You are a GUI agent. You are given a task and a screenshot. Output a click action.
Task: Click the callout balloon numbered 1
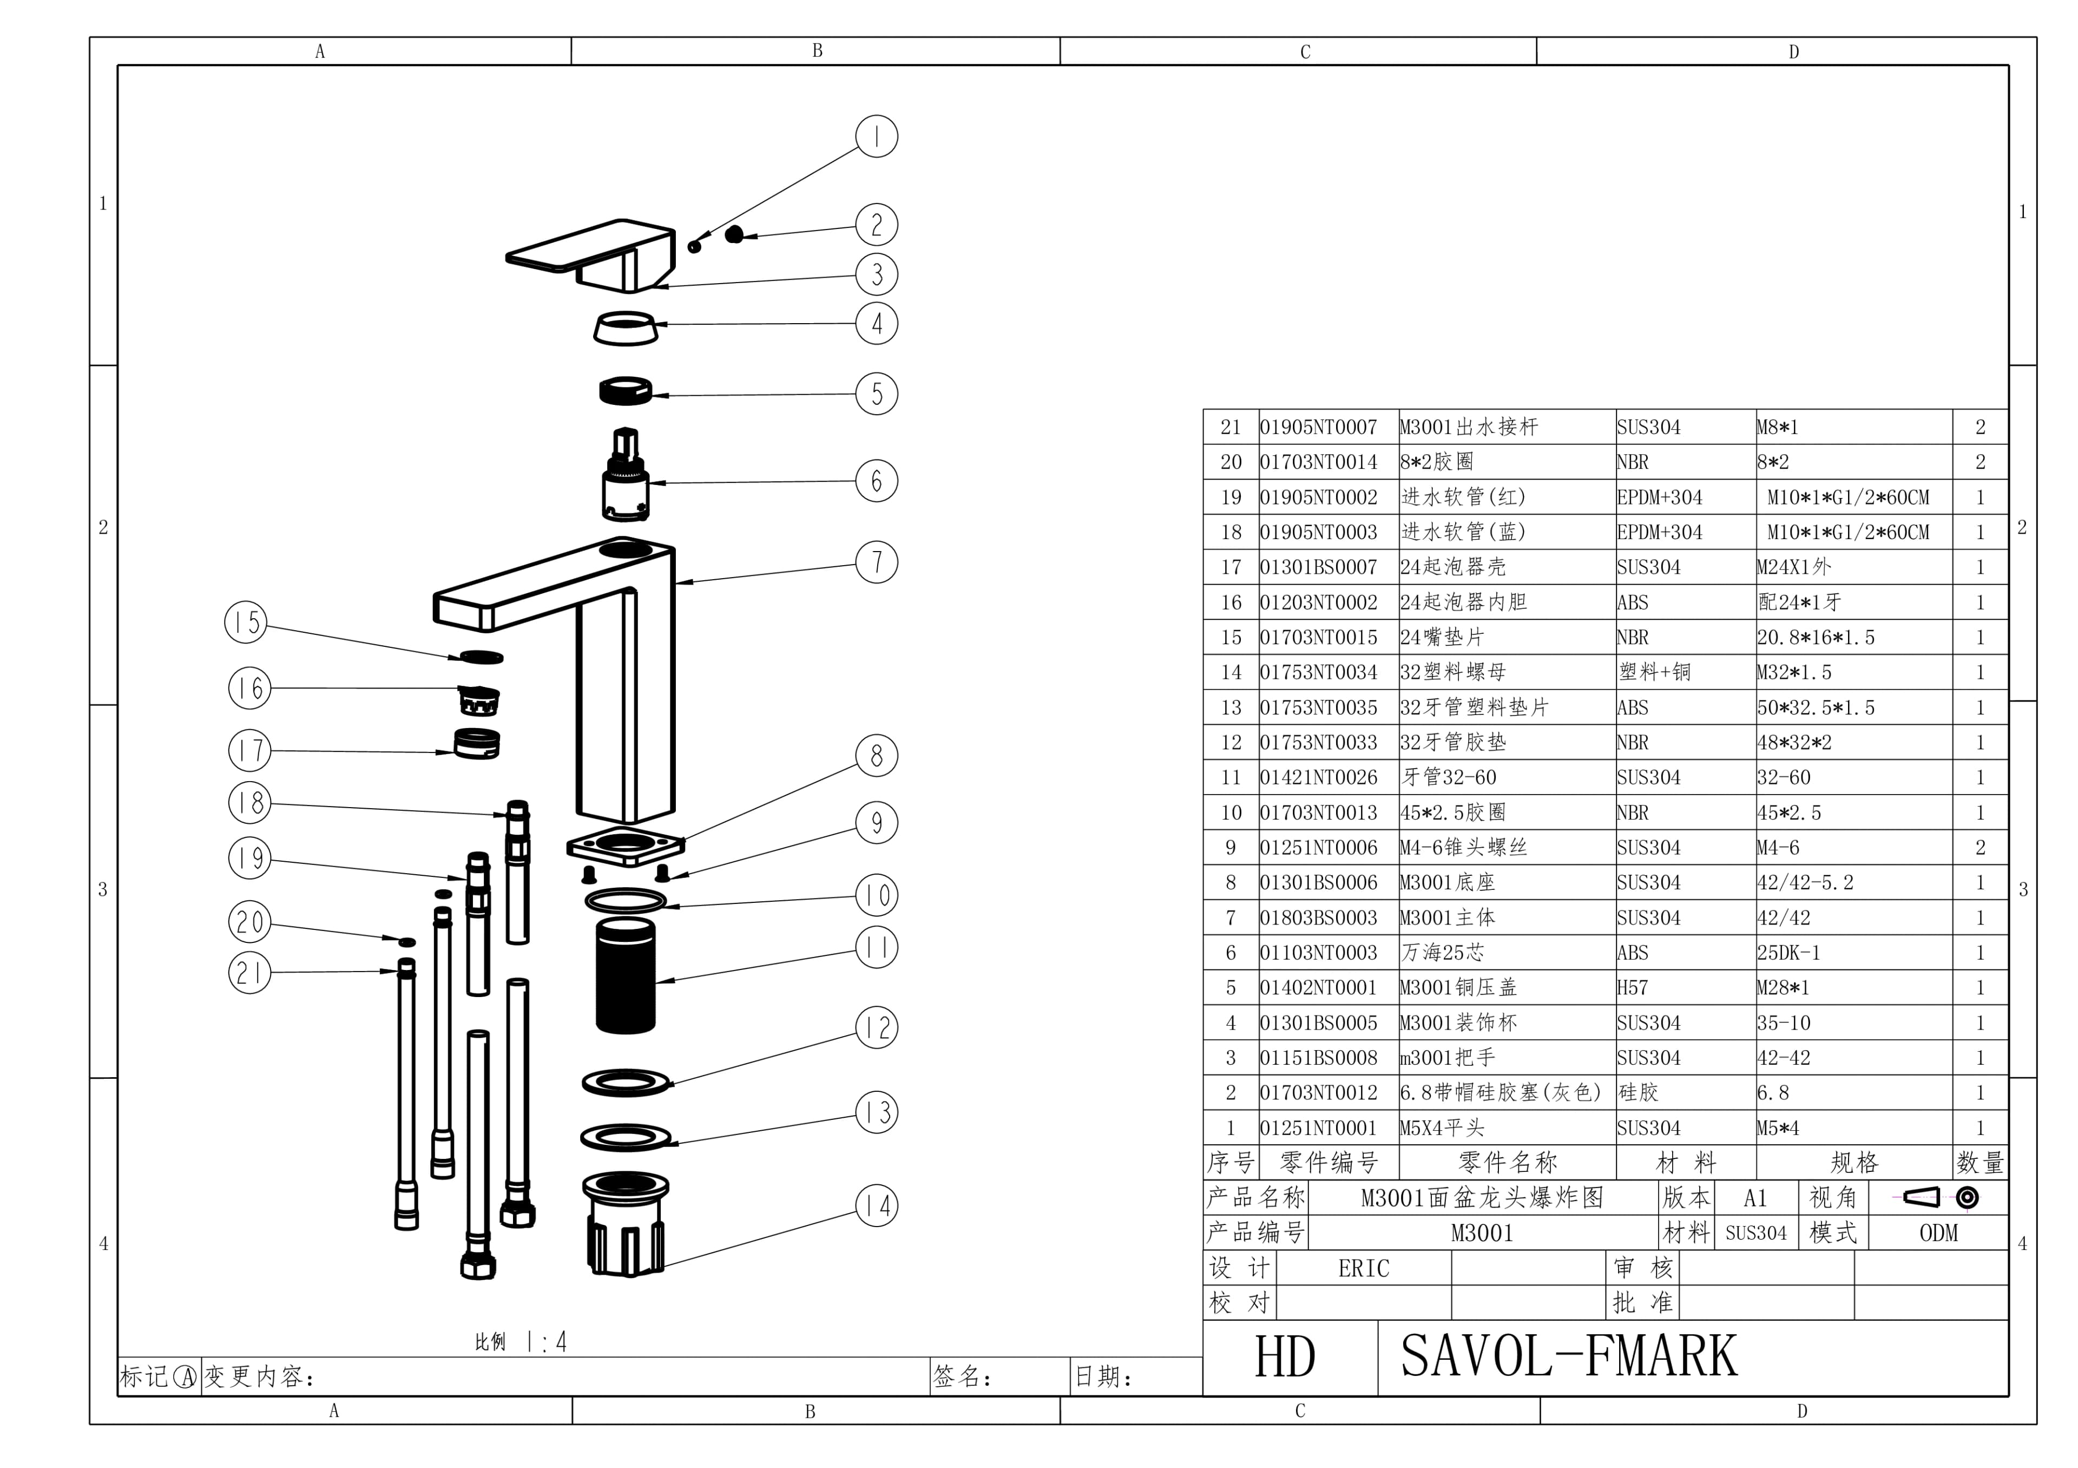pos(876,136)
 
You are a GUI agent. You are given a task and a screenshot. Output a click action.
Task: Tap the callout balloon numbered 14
pos(876,1205)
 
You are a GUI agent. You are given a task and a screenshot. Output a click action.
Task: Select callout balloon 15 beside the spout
pos(245,622)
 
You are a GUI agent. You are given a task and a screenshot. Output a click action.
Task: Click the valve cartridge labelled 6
pos(626,480)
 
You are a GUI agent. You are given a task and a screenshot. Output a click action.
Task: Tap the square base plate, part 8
pos(626,846)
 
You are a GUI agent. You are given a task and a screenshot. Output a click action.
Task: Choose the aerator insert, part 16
pos(479,699)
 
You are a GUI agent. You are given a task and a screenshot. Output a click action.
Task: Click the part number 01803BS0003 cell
pos(1318,917)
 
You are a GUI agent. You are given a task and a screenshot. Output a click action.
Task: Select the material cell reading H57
pos(1633,987)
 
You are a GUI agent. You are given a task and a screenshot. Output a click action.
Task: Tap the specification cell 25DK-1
pos(1787,953)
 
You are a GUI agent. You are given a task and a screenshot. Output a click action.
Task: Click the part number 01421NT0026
pos(1318,777)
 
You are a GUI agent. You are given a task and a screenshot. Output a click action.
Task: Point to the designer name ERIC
pos(1363,1268)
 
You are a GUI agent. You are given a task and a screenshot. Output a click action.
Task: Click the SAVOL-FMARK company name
pos(1568,1356)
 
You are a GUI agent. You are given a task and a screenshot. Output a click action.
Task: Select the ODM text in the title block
pos(1938,1233)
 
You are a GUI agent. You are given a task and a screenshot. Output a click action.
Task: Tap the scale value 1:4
pos(547,1341)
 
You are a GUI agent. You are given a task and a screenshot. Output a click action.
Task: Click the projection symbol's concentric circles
pos(1967,1197)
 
